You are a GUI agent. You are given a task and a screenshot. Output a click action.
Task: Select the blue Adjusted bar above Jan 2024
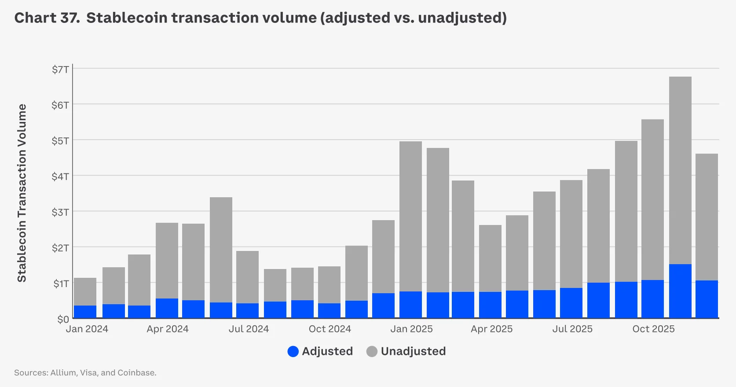point(85,312)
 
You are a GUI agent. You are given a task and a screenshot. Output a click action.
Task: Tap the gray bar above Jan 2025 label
point(410,216)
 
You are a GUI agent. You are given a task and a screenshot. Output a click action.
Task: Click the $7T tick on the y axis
point(60,70)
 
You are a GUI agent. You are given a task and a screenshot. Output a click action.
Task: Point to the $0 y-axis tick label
point(63,319)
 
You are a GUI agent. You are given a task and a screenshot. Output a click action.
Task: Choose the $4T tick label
point(60,177)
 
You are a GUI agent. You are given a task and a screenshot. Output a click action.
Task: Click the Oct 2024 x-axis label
point(330,329)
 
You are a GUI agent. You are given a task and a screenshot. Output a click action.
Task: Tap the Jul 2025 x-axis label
point(572,329)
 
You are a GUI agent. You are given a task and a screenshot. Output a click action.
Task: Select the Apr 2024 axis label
point(167,329)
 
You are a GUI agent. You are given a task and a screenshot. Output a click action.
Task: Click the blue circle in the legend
point(293,351)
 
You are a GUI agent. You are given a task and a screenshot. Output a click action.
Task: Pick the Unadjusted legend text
point(413,351)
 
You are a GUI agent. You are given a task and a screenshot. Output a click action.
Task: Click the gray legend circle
point(372,351)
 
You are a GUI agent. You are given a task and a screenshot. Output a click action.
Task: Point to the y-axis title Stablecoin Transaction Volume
point(22,193)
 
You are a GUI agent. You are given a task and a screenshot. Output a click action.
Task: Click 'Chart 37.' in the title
point(47,18)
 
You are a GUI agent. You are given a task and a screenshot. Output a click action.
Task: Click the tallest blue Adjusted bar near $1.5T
point(680,291)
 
